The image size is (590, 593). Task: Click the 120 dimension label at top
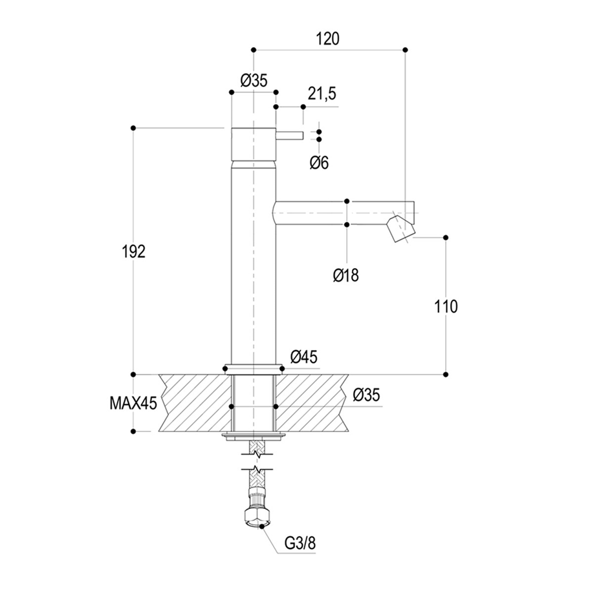328,39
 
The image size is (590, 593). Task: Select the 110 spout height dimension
446,306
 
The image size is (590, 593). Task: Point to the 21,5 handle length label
322,94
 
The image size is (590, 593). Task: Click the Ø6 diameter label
319,163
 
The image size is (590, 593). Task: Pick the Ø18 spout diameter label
346,275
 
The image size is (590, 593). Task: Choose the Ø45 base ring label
303,356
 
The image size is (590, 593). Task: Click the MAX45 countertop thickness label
133,404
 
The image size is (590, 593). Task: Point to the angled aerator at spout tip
399,229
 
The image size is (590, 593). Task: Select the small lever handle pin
289,135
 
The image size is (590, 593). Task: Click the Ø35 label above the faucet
254,81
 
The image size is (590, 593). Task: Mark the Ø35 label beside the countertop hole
367,395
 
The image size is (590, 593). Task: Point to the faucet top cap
254,143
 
